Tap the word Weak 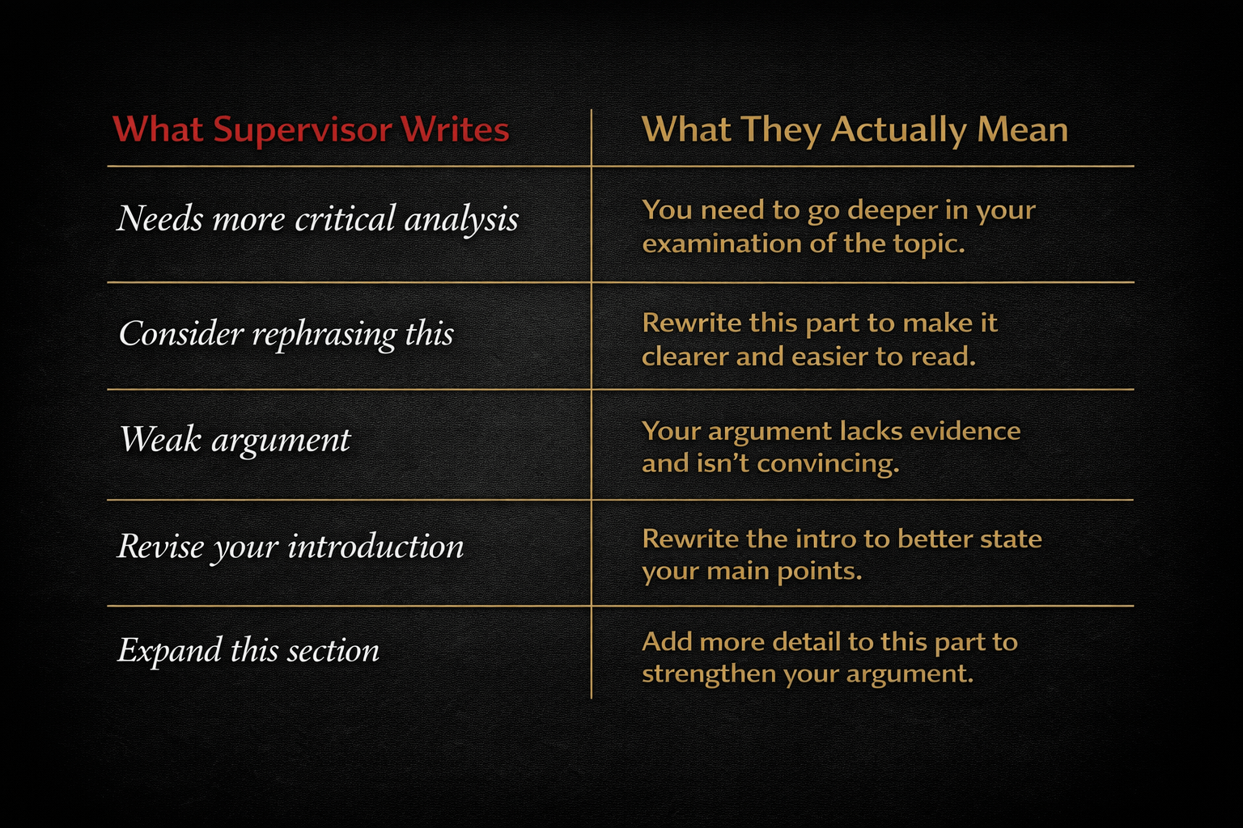click(x=160, y=440)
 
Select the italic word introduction click(x=376, y=547)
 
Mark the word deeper click(x=893, y=211)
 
